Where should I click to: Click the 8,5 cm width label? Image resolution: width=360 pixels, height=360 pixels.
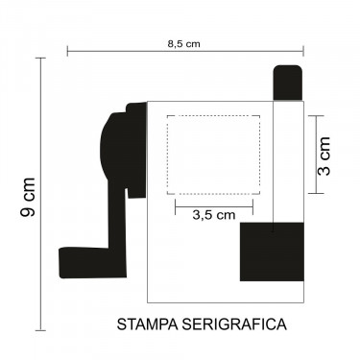click(183, 44)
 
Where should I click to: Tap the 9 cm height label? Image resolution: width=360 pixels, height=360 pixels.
click(28, 197)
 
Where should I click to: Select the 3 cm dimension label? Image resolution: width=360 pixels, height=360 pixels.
click(324, 156)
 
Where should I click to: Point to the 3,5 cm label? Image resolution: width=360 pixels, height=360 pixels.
click(214, 215)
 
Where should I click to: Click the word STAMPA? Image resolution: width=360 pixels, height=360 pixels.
click(147, 324)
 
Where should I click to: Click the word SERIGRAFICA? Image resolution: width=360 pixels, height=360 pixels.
click(234, 324)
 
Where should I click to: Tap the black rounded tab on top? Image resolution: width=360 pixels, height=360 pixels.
click(287, 83)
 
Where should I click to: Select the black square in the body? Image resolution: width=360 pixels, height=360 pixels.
click(272, 252)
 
